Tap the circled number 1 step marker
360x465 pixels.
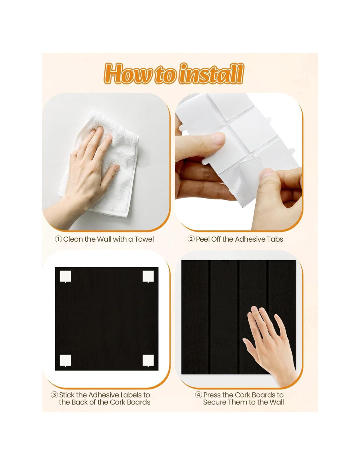[x=58, y=239]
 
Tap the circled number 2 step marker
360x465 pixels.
[x=191, y=239]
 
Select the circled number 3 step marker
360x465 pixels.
[x=54, y=395]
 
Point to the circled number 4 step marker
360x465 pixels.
[x=199, y=395]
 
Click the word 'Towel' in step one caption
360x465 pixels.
[x=144, y=239]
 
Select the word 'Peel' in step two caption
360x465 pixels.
[x=203, y=239]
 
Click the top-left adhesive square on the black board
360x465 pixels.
[x=65, y=276]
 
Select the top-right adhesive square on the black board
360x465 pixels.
[x=148, y=276]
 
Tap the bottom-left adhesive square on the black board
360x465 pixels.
[x=65, y=361]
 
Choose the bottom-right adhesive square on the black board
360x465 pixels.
[x=148, y=361]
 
